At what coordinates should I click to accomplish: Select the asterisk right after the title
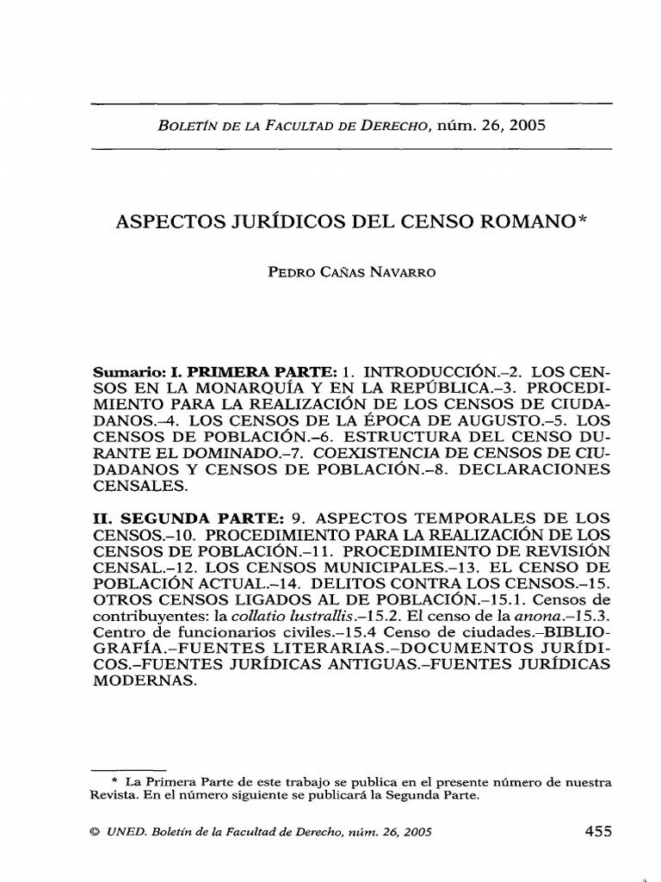(583, 219)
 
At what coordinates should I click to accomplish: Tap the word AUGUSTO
(490, 422)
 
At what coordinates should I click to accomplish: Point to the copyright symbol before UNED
(96, 833)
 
